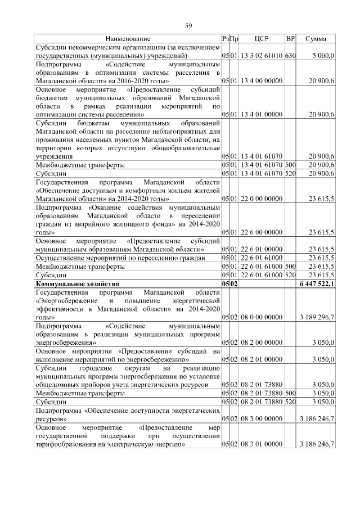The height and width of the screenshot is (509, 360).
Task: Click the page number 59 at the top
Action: click(189, 25)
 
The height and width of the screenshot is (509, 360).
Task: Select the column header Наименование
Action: click(128, 39)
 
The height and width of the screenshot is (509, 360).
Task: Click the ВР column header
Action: click(290, 39)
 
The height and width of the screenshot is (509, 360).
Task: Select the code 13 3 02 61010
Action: click(262, 56)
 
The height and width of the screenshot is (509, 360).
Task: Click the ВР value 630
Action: click(290, 56)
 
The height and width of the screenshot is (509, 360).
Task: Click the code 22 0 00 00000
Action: click(262, 199)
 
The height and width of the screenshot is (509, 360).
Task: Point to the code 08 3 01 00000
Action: click(262, 444)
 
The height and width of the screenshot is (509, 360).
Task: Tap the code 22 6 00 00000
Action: click(262, 232)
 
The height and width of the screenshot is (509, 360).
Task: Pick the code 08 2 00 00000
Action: click(262, 341)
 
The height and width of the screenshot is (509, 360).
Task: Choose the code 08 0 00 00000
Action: click(262, 317)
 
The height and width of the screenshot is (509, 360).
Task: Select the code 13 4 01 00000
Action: click(262, 115)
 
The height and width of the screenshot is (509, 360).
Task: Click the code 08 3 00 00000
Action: click(262, 419)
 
